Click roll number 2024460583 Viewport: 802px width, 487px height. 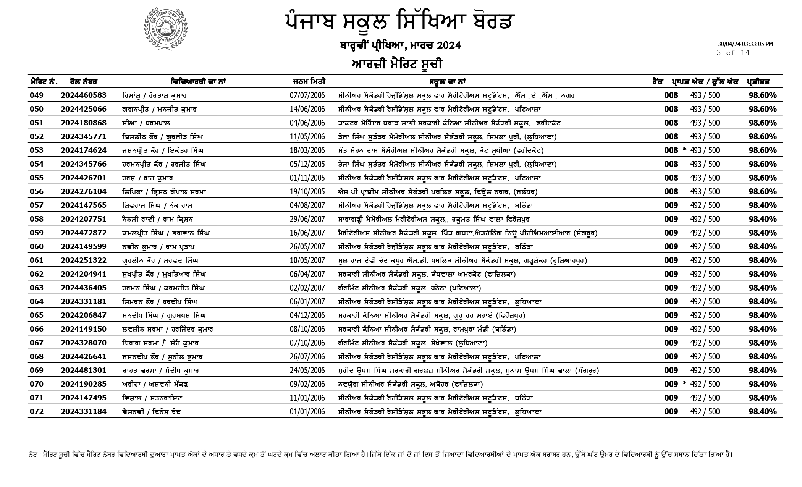[x=84, y=95]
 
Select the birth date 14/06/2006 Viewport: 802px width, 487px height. [x=307, y=109]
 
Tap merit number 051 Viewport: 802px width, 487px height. [x=37, y=123]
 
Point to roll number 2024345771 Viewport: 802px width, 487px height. [x=84, y=137]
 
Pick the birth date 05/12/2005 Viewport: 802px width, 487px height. [x=307, y=164]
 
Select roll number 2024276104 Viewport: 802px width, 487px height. [x=84, y=192]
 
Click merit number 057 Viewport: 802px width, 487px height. [x=37, y=205]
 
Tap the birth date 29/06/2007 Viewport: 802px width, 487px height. [x=307, y=219]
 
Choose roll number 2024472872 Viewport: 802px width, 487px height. [x=84, y=233]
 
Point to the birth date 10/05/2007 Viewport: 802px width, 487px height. [x=307, y=260]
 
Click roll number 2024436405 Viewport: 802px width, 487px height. [x=84, y=288]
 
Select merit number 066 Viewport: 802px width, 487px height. [x=37, y=329]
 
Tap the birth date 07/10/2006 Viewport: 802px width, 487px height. [x=307, y=343]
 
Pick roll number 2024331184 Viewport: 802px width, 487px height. [x=84, y=412]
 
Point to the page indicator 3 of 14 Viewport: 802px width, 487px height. [x=733, y=53]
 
